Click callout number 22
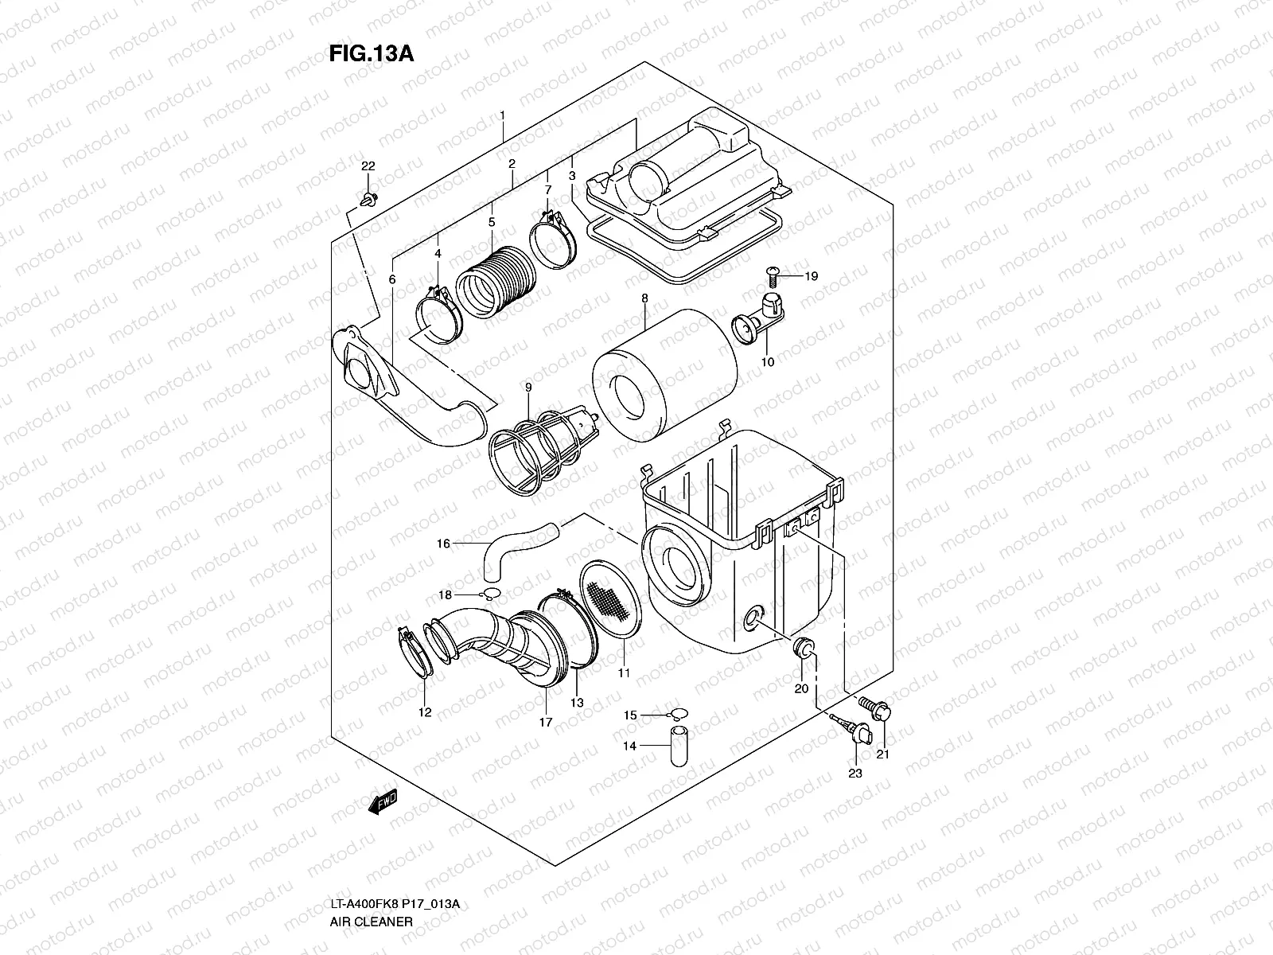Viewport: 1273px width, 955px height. click(368, 166)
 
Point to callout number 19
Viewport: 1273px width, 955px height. click(810, 277)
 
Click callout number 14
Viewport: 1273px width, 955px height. click(629, 746)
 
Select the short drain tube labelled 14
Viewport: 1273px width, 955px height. click(678, 746)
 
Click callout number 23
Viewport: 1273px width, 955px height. click(855, 772)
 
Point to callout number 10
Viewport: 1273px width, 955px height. click(767, 361)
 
